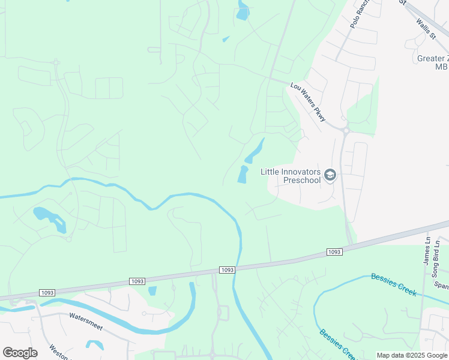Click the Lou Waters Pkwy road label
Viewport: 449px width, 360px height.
(308, 103)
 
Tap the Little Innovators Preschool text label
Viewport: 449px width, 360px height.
(291, 175)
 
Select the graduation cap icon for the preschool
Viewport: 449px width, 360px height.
(330, 175)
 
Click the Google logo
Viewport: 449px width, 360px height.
(20, 353)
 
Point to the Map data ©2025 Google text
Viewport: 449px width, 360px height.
(411, 355)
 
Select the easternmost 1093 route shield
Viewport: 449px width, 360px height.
(334, 251)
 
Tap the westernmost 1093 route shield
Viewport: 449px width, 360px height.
(47, 293)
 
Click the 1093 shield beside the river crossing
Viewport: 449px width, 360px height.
(226, 270)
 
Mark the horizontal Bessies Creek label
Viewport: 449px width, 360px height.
(393, 280)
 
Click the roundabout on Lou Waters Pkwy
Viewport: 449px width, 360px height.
(345, 129)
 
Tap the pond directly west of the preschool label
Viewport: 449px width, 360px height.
(243, 175)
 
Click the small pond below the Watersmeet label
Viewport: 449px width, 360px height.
(94, 345)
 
